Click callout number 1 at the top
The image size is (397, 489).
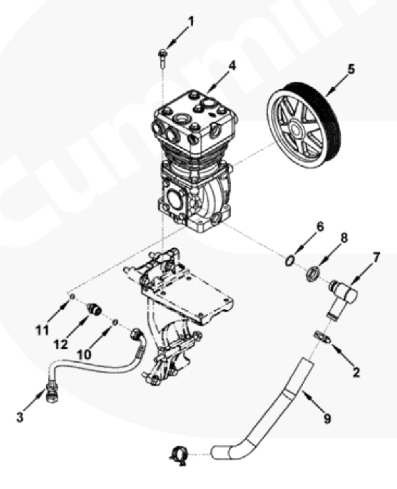point(190,21)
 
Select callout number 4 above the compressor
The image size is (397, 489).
point(232,66)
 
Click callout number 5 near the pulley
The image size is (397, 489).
point(351,69)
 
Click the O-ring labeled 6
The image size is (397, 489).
point(290,261)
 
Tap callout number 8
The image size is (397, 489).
point(344,238)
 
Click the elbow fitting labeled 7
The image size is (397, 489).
point(342,298)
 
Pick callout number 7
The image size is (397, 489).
point(375,258)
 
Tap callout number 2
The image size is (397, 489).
point(356,373)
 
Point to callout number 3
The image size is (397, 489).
point(20,417)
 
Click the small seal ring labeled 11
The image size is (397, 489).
point(72,297)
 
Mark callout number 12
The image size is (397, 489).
point(61,344)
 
